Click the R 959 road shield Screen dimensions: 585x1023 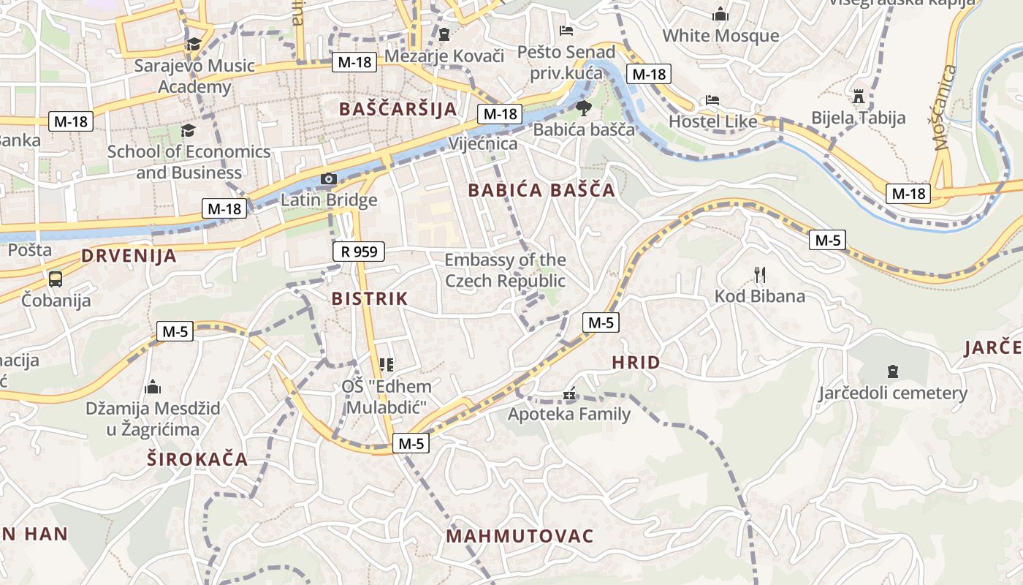(358, 252)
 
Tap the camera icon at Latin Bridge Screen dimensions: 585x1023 (329, 179)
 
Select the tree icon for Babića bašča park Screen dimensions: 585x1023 (583, 109)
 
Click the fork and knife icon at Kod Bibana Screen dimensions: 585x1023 (760, 275)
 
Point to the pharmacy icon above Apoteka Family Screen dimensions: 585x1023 (569, 395)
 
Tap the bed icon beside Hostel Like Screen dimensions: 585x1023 (712, 100)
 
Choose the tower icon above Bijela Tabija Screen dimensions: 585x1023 (858, 97)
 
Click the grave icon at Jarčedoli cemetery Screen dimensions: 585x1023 (892, 371)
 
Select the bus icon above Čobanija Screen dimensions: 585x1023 (56, 279)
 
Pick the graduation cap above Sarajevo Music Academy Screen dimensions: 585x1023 (194, 44)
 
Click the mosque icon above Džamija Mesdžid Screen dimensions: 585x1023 (153, 386)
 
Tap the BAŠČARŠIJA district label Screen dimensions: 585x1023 (398, 109)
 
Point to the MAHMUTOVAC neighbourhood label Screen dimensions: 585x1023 (520, 536)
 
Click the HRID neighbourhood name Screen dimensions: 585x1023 (636, 363)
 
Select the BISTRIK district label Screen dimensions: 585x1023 (370, 298)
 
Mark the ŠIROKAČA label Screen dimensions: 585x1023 (197, 460)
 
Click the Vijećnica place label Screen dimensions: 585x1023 (483, 143)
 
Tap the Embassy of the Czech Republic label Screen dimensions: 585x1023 (505, 271)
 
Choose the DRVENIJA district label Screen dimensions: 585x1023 (129, 256)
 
